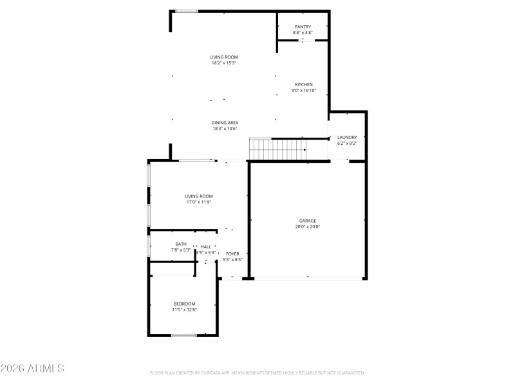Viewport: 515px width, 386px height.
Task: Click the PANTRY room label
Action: [303, 26]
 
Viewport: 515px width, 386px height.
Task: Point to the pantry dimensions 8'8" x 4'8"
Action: [303, 32]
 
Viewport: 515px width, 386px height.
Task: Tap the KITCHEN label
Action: [304, 85]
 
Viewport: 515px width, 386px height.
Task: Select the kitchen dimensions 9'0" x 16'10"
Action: [304, 91]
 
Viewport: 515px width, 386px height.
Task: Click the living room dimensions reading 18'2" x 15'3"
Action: [224, 63]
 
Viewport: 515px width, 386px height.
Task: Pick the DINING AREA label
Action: [225, 122]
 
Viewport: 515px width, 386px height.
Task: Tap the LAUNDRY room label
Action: [347, 137]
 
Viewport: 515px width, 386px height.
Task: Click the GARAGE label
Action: [307, 221]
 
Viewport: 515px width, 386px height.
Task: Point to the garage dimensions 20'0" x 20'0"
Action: [307, 226]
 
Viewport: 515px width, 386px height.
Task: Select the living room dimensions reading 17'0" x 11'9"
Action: [199, 202]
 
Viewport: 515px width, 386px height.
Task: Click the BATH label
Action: [181, 244]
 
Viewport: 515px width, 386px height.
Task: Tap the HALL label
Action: [205, 246]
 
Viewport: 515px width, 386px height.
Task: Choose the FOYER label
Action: [232, 254]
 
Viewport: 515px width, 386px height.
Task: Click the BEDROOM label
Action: [184, 304]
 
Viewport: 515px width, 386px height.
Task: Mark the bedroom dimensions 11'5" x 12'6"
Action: [184, 309]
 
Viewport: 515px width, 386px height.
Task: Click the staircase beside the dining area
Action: [277, 150]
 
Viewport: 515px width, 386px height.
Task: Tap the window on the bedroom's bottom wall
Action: [184, 335]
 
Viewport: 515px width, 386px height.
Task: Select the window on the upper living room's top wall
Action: [187, 10]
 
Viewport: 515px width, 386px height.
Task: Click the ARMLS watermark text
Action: [32, 369]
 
